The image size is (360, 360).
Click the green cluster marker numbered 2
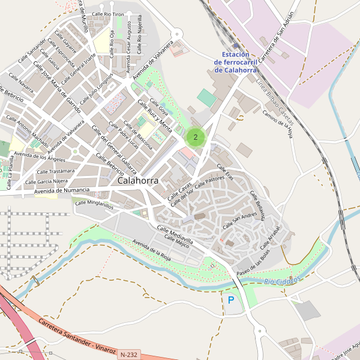pos(196,137)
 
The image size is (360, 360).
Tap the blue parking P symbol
pos(231,299)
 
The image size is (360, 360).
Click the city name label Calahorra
pos(138,180)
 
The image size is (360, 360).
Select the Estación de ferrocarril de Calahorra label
pos(231,62)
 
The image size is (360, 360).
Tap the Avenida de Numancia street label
pos(62,191)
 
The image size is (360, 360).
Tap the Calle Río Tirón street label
pos(108,13)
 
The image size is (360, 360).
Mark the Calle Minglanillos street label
pos(94,204)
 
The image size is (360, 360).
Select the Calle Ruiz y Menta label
pos(155,115)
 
